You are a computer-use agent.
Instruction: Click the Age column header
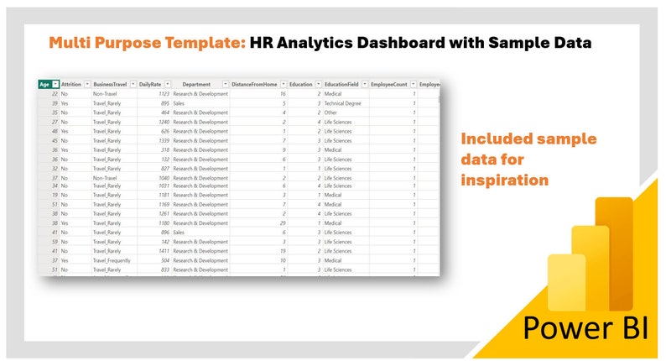pyautogui.click(x=44, y=84)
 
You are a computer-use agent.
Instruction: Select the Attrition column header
pyautogui.click(x=70, y=84)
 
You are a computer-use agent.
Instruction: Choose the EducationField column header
pyautogui.click(x=343, y=84)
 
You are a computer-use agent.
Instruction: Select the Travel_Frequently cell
pyautogui.click(x=112, y=260)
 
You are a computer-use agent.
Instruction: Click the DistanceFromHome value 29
pyautogui.click(x=283, y=222)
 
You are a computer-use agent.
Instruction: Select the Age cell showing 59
pyautogui.click(x=54, y=241)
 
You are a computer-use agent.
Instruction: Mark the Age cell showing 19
pyautogui.click(x=54, y=194)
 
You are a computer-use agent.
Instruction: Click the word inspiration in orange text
pyautogui.click(x=505, y=180)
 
